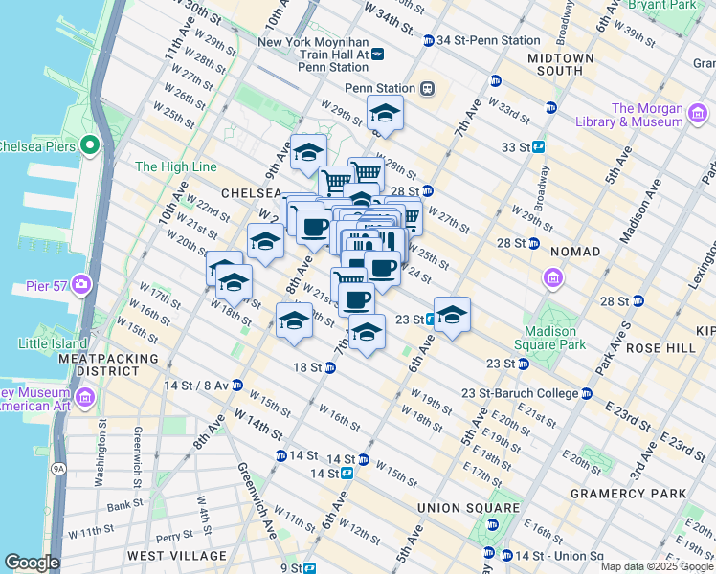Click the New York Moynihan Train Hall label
[x=312, y=55]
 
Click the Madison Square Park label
[x=550, y=339]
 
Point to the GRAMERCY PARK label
[x=627, y=494]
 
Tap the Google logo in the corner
[x=31, y=563]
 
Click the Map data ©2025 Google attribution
[x=656, y=566]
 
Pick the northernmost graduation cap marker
[x=385, y=114]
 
